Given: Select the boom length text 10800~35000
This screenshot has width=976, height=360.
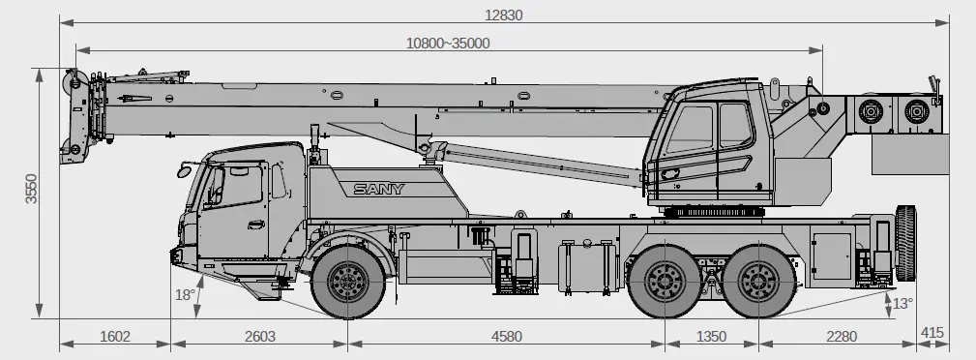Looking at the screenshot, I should point(448,43).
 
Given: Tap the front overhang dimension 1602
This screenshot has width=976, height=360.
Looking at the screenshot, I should point(114,337).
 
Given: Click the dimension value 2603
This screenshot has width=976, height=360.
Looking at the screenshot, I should point(259,337).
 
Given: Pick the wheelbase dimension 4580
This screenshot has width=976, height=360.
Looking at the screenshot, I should point(506,337).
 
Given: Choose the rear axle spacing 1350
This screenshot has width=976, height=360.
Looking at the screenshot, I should point(711,337).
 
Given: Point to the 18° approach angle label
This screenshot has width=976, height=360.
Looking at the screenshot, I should point(184,294).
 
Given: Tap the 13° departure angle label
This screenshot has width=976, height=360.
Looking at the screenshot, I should point(902,303).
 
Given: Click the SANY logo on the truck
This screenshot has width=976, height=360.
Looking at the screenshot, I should point(379,189).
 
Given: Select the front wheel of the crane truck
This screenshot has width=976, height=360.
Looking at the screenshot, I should point(347,283).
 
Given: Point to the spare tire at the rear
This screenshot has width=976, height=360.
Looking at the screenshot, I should point(906,245).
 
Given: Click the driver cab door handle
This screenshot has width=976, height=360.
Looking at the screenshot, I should point(255,225).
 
